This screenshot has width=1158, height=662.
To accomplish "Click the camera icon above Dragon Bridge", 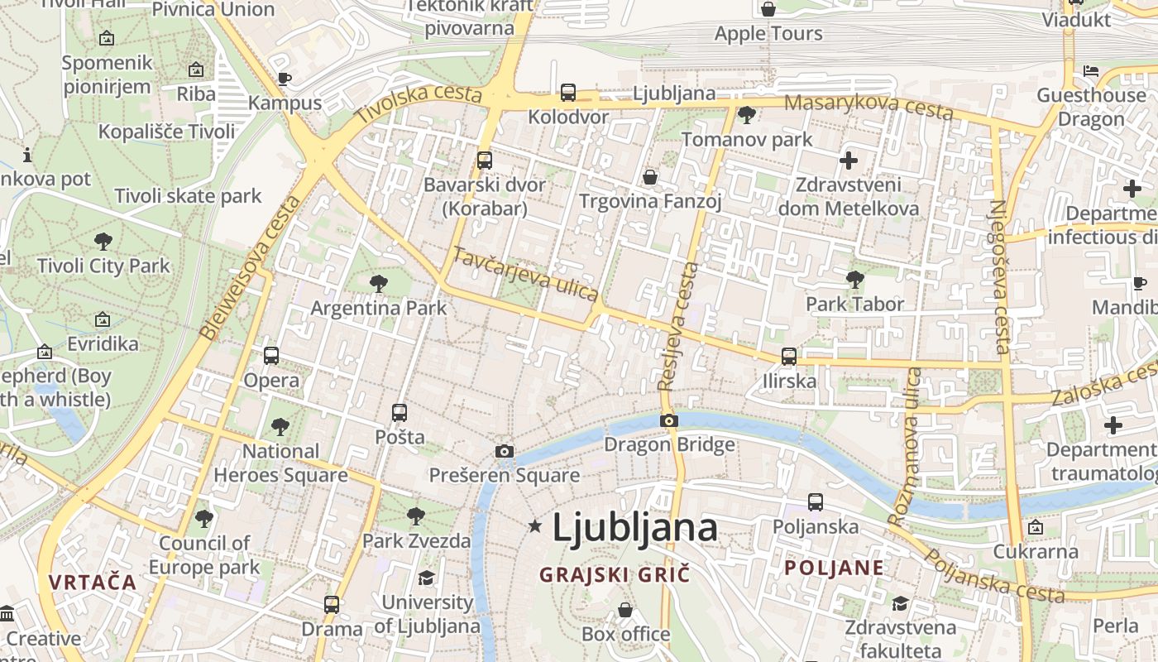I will tap(668, 421).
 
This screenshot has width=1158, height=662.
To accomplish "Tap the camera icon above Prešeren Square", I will tap(504, 451).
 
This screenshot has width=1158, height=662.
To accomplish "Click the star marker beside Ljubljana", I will tap(535, 525).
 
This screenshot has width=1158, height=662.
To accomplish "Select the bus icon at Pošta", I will tap(400, 412).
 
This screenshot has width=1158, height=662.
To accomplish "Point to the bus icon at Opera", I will tap(271, 356).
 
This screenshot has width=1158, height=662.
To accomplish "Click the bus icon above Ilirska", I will tap(789, 357).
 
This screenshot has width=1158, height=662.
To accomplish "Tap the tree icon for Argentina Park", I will tap(379, 284).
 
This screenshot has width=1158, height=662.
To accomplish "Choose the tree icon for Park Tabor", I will tap(855, 280).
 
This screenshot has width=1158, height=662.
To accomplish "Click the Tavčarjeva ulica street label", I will tap(525, 274).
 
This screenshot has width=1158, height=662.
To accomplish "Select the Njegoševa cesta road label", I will tap(999, 277).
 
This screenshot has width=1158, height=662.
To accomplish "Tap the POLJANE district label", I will tap(834, 568).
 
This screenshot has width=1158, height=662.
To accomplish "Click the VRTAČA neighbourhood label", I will tap(92, 582).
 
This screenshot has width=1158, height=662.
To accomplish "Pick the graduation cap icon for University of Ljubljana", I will tap(426, 578).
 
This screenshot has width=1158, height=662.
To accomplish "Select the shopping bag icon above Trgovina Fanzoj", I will tap(650, 177).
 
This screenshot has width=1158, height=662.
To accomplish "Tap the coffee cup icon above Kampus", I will tap(285, 79).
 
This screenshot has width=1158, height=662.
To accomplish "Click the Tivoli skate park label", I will tap(188, 196).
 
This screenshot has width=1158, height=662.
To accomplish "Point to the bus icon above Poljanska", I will tap(815, 501).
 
